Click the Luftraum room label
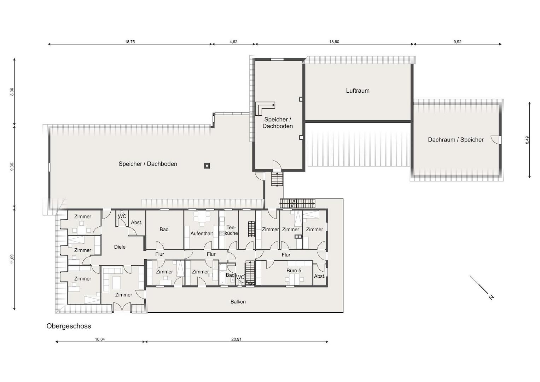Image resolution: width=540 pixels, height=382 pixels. [358, 91]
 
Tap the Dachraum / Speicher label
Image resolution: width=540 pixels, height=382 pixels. [455, 140]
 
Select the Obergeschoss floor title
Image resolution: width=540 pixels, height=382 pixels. [69, 326]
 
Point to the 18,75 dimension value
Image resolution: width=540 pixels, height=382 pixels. [130, 42]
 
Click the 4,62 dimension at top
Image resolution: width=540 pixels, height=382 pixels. [233, 42]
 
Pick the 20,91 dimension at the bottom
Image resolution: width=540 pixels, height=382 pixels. [236, 339]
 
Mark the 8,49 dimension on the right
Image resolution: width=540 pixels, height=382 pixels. [527, 140]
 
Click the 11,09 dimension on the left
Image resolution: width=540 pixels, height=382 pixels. [12, 259]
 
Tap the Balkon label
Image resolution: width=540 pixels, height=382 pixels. [238, 302]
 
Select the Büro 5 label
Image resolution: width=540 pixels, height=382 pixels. [294, 271]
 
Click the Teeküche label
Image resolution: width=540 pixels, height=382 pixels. [231, 230]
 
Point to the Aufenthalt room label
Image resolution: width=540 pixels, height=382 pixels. [202, 233]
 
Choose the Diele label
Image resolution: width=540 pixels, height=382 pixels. [120, 247]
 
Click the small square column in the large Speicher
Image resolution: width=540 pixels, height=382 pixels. [207, 166]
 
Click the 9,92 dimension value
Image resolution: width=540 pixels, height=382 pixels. [457, 42]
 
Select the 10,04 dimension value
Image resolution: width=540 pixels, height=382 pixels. [100, 339]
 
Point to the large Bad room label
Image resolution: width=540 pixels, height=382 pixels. [164, 229]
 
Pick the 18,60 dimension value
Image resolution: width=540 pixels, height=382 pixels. [334, 42]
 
